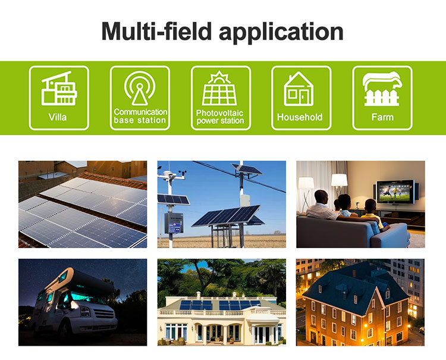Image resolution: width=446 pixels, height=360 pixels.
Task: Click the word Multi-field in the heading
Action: point(156,31)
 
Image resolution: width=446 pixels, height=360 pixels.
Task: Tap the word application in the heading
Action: point(281,33)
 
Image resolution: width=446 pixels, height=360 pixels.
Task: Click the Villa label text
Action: point(58,117)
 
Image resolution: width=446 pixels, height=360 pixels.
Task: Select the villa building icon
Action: point(59,88)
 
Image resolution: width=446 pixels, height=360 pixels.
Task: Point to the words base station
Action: point(140,120)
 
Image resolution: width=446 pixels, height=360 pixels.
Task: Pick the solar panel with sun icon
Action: point(219,88)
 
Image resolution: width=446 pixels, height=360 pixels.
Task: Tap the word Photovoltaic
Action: point(219,113)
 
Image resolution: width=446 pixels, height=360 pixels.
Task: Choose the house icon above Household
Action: point(299,89)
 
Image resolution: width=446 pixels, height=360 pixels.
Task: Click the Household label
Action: point(300,117)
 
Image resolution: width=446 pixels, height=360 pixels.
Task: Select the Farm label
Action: point(382,117)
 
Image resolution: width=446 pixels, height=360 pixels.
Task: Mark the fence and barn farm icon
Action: point(382,89)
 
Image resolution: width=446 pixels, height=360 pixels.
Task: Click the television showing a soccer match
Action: point(395,192)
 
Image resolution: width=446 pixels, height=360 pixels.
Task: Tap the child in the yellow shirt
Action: point(373,214)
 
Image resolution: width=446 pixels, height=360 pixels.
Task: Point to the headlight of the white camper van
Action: point(86,311)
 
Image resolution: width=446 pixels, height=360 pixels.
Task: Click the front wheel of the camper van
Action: point(64,330)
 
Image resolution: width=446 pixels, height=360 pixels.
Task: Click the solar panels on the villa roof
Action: point(219,305)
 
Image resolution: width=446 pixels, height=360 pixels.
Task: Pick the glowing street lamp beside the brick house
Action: point(365,325)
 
